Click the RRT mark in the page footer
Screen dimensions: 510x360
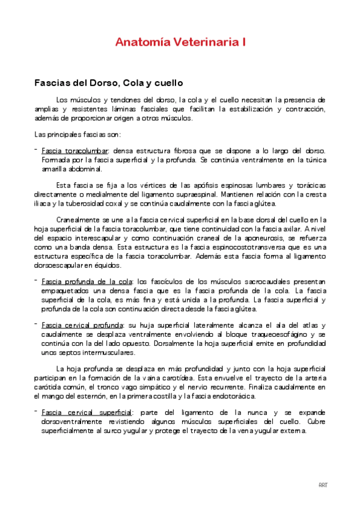click(323, 485)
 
